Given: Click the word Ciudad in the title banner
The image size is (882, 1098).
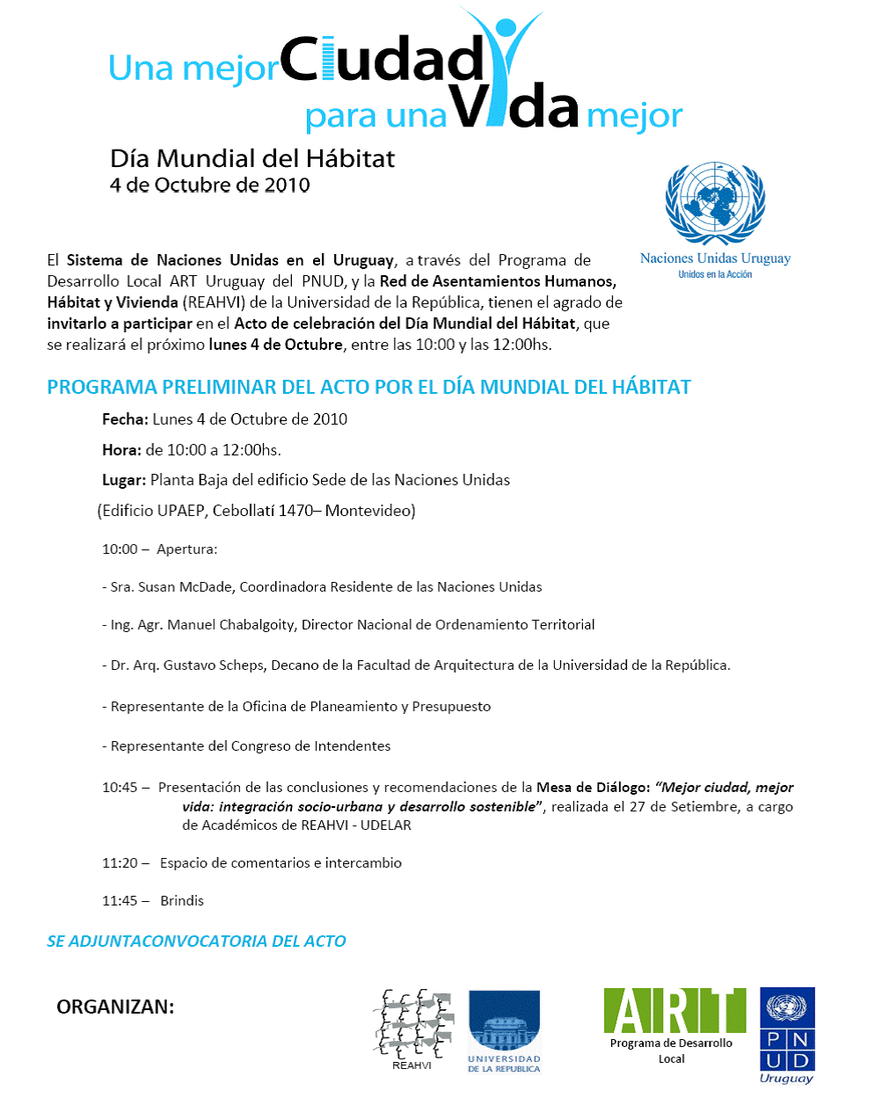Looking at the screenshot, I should tap(382, 62).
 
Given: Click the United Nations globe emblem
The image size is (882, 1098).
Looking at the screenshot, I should tap(715, 203).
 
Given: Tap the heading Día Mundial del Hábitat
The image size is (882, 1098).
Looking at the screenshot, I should tap(252, 158).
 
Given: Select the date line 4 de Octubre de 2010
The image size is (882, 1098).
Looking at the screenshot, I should tap(209, 185).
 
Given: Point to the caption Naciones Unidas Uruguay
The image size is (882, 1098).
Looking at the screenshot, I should tap(715, 258).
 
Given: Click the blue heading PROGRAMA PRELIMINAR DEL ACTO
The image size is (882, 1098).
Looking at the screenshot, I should tap(368, 388).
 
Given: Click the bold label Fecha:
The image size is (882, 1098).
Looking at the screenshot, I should tap(126, 419).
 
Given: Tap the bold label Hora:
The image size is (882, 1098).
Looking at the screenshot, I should tap(121, 450).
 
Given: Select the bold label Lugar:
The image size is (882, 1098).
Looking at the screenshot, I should tap(124, 480).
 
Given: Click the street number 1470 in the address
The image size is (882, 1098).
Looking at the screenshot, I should tap(295, 511).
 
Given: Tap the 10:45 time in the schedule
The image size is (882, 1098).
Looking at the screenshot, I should tap(120, 788).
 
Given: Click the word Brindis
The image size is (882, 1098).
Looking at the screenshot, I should tap(182, 901).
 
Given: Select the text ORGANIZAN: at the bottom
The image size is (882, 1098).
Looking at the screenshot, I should tap(115, 1007).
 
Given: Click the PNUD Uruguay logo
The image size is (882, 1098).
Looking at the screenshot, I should tap(787, 1036).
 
